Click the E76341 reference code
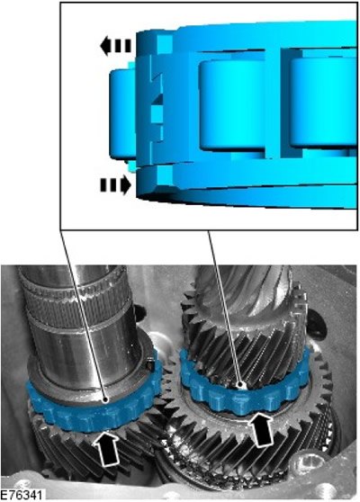pyautogui.click(x=21, y=495)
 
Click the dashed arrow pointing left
pyautogui.click(x=115, y=46)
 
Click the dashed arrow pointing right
pyautogui.click(x=115, y=185)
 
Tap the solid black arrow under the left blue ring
pyautogui.click(x=107, y=448)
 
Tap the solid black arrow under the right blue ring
pyautogui.click(x=261, y=429)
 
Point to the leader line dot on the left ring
pyautogui.click(x=105, y=399)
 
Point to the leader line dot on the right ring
pyautogui.click(x=239, y=383)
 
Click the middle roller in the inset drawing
pyautogui.click(x=232, y=105)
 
